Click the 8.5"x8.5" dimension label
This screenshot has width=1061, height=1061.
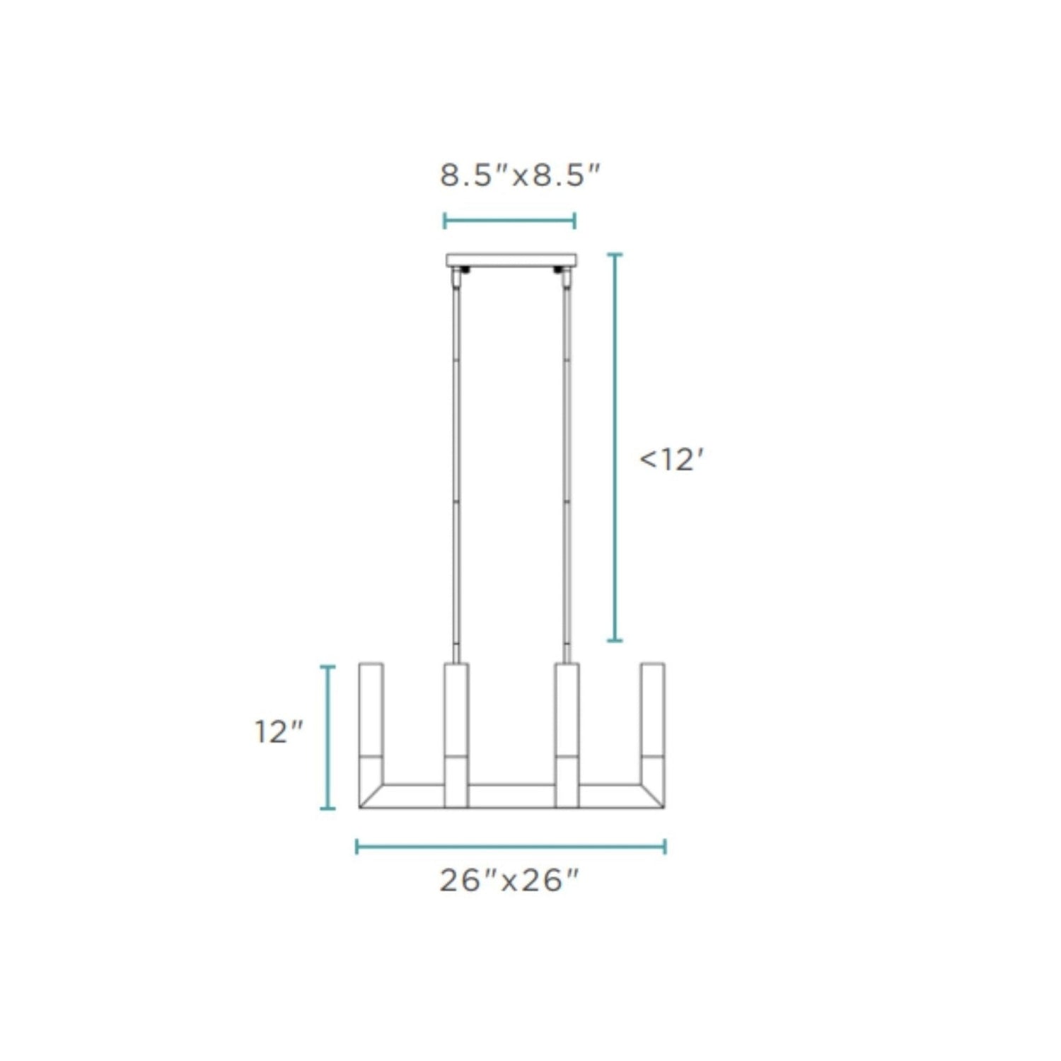tap(520, 175)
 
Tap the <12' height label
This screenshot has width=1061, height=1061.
tap(671, 460)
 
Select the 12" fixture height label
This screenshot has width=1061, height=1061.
tap(279, 731)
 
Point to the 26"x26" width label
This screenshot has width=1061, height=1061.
tap(510, 881)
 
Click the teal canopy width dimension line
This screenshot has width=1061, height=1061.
tap(509, 221)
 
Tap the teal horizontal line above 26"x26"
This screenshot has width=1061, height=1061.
tap(510, 847)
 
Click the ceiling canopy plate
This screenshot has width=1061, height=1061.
tap(511, 260)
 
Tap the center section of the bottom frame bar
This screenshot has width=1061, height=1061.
tap(511, 796)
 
